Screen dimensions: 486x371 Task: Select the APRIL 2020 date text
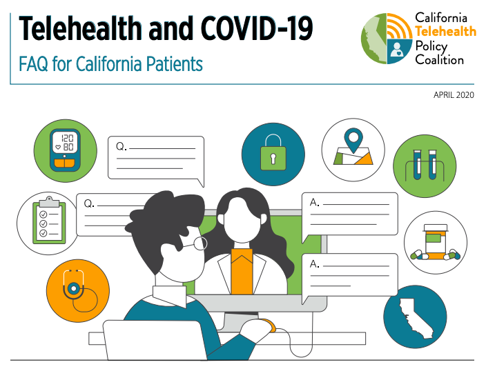coord(454,94)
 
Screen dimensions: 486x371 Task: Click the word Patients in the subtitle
coord(174,64)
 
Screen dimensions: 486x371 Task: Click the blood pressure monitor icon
coord(65,150)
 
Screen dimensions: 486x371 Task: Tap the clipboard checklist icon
coord(49,221)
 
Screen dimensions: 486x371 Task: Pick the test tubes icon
coord(425,165)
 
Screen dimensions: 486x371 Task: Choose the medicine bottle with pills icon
coord(436,242)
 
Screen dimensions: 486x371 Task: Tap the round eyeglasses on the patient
coord(195,244)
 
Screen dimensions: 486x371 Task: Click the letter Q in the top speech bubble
coord(120,146)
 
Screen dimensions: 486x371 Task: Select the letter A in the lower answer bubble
coord(314,264)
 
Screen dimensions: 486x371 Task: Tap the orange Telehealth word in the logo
coord(446,31)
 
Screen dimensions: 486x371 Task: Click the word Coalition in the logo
coord(440,59)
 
